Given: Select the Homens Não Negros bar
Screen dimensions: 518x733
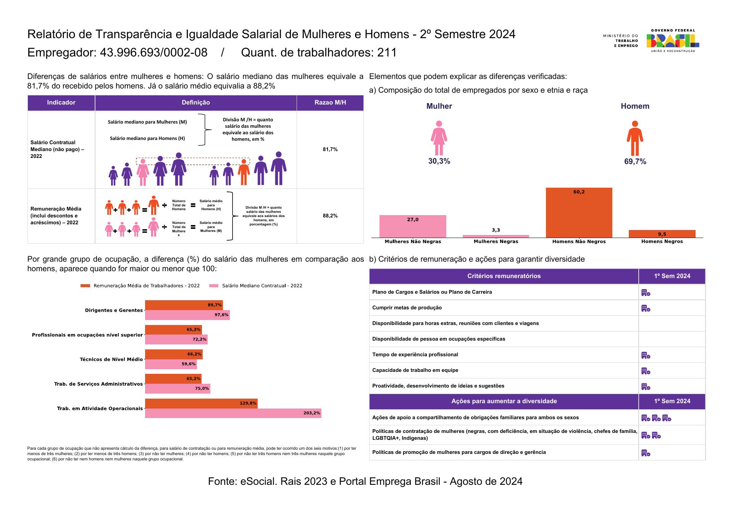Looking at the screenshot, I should tap(579, 212).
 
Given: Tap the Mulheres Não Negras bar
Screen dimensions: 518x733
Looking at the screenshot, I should tap(413, 226).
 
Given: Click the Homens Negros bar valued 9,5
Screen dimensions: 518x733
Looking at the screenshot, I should tap(662, 234).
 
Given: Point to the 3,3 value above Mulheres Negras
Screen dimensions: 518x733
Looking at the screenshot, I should tap(496, 230).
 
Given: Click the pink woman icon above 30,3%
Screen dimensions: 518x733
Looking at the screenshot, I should tap(439, 138).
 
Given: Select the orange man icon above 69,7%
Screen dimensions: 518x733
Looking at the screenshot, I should tap(635, 138).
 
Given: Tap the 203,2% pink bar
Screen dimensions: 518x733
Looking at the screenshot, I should tap(233, 413).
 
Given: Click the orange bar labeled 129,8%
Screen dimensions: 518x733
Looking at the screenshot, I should tap(201, 403).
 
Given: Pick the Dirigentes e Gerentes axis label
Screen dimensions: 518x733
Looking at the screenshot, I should tap(114, 310).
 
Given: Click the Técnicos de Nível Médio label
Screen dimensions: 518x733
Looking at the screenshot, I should tap(111, 359).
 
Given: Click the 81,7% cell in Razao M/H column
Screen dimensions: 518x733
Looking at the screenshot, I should tap(330, 150).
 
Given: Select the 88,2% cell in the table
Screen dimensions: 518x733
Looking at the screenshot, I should tap(330, 216).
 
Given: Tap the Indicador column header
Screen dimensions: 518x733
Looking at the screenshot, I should tap(61, 103).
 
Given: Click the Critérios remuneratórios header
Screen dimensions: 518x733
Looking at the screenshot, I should tap(504, 276).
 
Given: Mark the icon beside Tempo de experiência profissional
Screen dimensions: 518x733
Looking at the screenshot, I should tap(646, 355).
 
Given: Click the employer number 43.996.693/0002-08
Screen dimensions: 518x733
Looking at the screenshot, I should tap(153, 53).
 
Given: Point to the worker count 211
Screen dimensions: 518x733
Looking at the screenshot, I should tap(387, 53).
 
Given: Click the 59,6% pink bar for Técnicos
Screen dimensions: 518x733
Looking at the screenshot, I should tap(171, 364).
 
